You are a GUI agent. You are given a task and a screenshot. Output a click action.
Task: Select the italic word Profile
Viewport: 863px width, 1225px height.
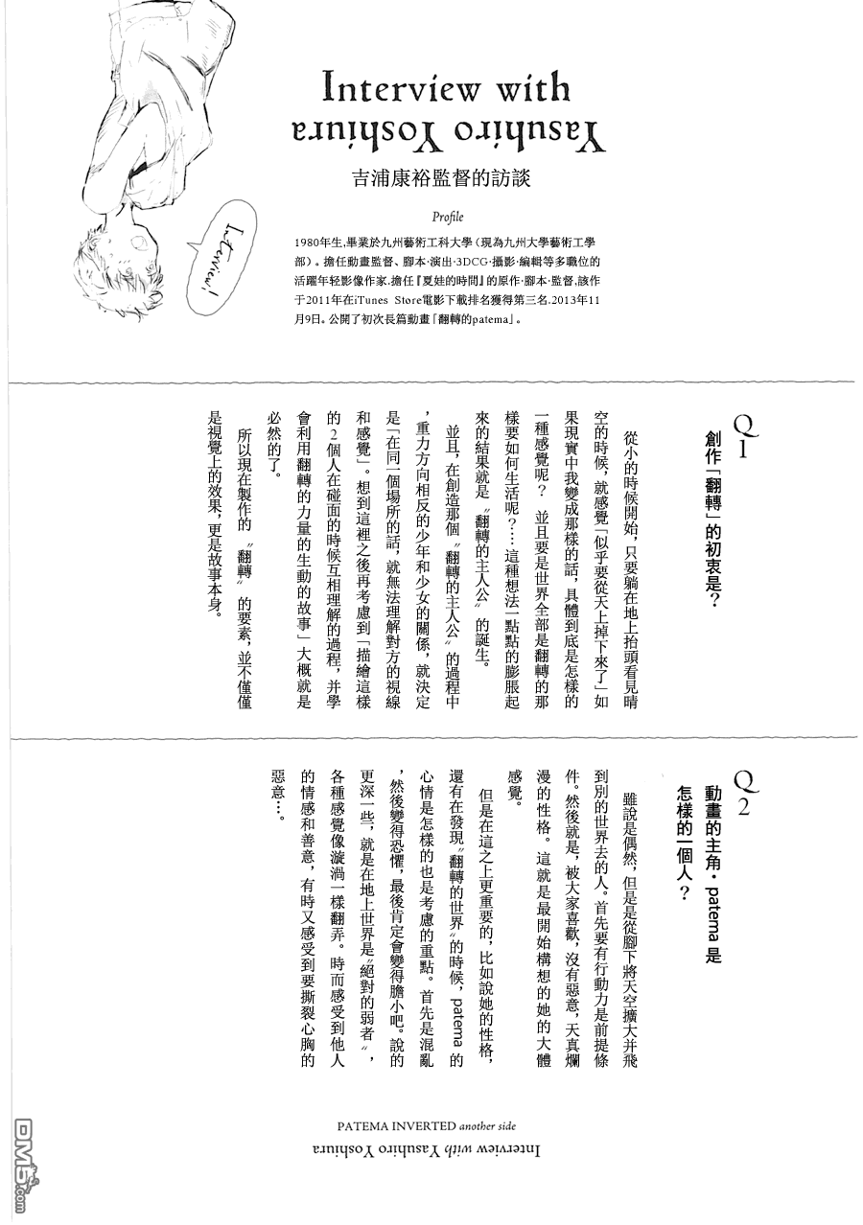tap(448, 217)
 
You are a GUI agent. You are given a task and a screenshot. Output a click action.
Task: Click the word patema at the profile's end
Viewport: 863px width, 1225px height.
tap(488, 321)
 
